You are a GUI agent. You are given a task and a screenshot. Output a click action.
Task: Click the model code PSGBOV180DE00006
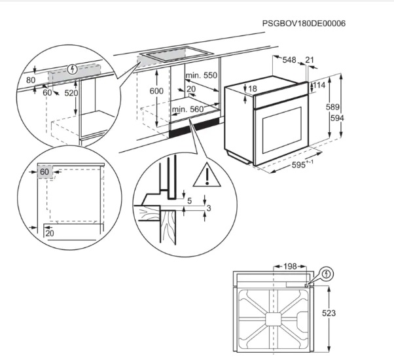(x=304, y=24)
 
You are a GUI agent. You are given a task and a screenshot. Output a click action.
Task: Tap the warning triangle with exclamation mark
(x=207, y=175)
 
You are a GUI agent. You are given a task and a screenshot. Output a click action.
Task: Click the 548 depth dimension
(x=289, y=60)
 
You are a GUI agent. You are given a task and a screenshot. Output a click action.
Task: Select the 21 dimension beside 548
(x=310, y=60)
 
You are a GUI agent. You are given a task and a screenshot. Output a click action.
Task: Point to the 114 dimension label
(x=319, y=85)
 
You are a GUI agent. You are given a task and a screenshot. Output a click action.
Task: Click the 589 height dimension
(x=332, y=107)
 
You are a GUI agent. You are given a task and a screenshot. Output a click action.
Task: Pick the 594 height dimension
(x=337, y=118)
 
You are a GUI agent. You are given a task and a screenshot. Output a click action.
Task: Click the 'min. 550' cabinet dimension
(x=202, y=75)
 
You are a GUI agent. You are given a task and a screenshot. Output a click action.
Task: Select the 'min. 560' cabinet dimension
(x=188, y=109)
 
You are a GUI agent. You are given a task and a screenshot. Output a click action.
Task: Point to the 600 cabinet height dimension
(x=156, y=91)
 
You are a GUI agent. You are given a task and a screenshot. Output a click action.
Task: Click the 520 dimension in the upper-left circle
(x=71, y=93)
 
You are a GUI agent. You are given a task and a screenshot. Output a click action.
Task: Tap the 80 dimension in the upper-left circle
(x=31, y=80)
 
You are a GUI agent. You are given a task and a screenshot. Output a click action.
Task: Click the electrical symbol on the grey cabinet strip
(x=73, y=69)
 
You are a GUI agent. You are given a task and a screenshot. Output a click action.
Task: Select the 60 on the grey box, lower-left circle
(x=45, y=172)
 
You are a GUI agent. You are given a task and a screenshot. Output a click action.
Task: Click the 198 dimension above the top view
(x=290, y=266)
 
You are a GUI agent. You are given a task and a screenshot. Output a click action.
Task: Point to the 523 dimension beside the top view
(x=329, y=314)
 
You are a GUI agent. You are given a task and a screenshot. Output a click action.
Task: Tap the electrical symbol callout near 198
(x=327, y=274)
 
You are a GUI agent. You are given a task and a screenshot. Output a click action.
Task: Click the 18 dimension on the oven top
(x=253, y=88)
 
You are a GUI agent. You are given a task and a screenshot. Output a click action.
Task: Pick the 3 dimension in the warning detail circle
(x=209, y=208)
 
